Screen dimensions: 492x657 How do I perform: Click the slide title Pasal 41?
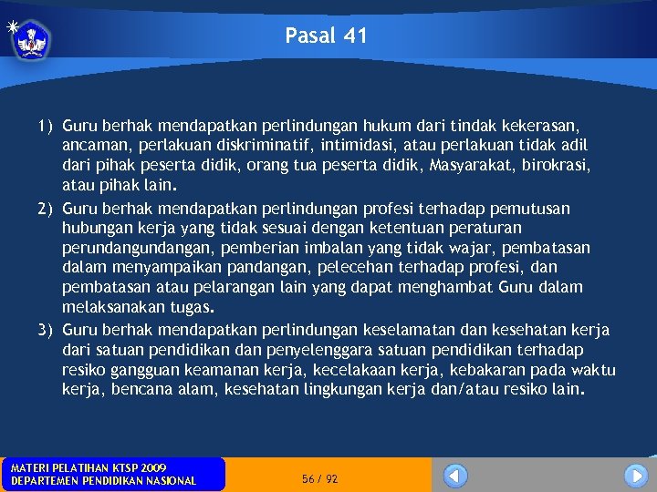coord(326,36)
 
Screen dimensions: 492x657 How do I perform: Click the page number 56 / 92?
coord(319,478)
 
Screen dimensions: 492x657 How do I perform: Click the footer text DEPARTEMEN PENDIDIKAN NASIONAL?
coord(103,481)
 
